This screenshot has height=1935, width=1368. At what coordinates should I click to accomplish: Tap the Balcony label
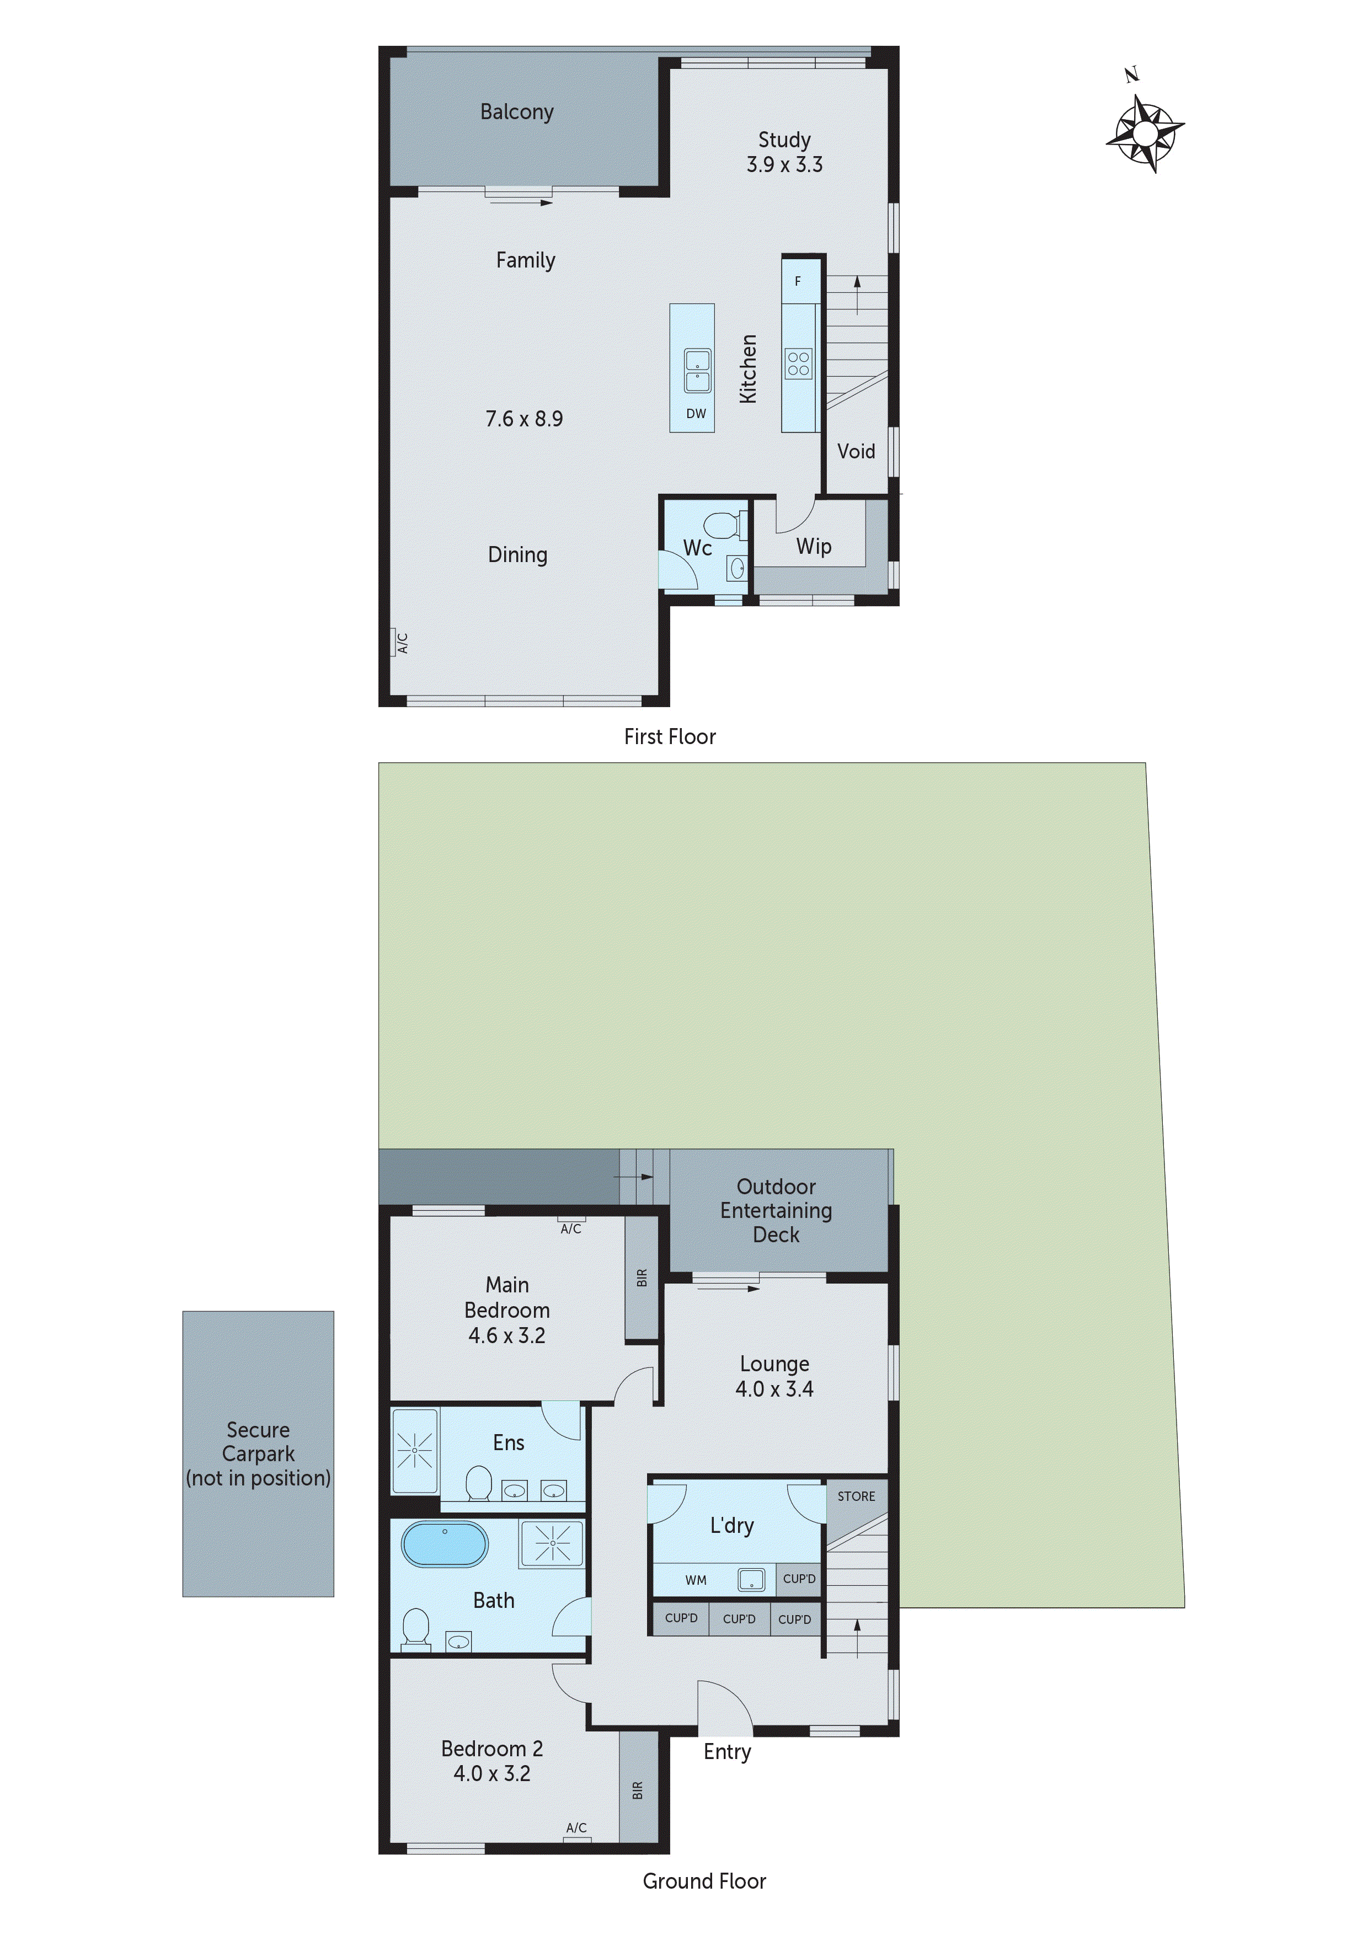(x=517, y=112)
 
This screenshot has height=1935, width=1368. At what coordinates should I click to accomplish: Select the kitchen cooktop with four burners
(x=798, y=364)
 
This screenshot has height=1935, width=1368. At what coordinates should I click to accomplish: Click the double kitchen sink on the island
(x=697, y=371)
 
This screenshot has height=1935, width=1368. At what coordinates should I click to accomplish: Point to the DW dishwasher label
(x=696, y=414)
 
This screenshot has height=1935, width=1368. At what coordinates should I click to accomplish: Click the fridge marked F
(x=798, y=281)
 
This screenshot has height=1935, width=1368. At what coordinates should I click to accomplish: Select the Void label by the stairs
(x=856, y=452)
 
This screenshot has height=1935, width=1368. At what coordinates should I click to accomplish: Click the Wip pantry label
(x=814, y=547)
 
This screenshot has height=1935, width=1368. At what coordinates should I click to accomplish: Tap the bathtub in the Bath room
(x=444, y=1544)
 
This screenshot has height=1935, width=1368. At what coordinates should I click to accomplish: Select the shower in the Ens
(x=415, y=1451)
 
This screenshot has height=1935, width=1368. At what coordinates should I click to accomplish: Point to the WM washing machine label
(x=696, y=1580)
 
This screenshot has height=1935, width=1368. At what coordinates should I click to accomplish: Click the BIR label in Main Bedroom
(x=642, y=1277)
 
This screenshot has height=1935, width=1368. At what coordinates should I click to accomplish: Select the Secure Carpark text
(x=258, y=1442)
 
